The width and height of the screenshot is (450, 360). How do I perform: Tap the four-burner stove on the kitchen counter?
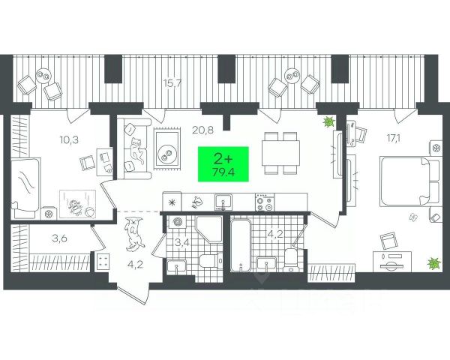click(263, 202)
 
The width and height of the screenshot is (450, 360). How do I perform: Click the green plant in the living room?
click(328, 123)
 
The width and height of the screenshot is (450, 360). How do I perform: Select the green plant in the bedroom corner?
click(433, 263)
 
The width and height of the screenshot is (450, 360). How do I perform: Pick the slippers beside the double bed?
click(412, 217)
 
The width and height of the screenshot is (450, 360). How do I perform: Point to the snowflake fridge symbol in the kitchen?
click(172, 202)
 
